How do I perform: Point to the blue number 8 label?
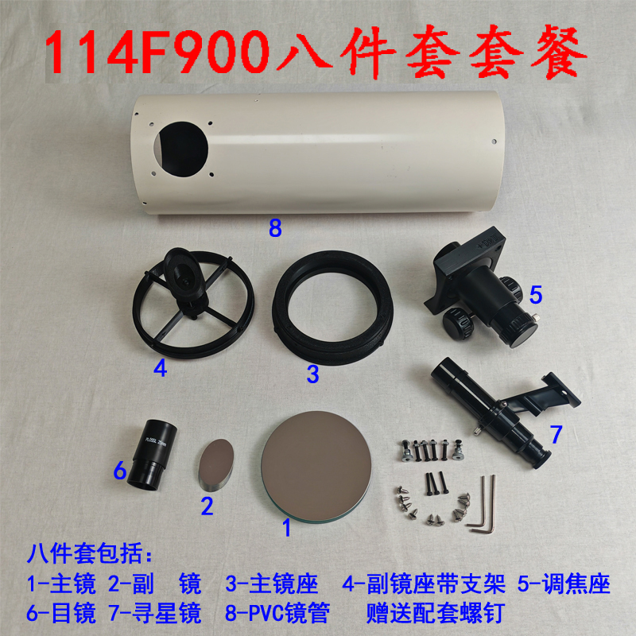pyautogui.click(x=275, y=229)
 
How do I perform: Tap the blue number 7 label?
pyautogui.click(x=556, y=434)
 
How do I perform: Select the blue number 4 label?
pyautogui.click(x=161, y=369)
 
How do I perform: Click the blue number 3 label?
pyautogui.click(x=313, y=372)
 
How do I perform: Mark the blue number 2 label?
pyautogui.click(x=207, y=506)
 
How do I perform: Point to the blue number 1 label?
pyautogui.click(x=287, y=525)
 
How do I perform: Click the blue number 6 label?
pyautogui.click(x=119, y=471)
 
